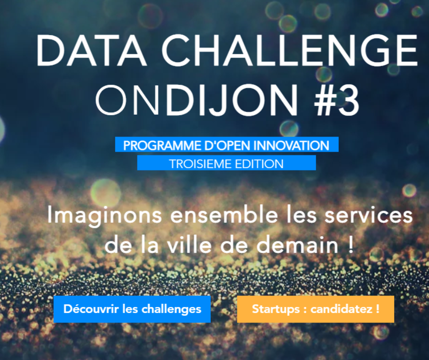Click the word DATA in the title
pos(91,50)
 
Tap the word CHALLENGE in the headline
pos(290,50)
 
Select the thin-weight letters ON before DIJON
pos(127,100)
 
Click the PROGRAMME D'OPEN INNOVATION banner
pos(227,144)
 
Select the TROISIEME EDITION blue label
pos(226,163)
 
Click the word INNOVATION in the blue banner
pos(291,145)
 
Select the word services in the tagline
pos(369,215)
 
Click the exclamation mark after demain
pos(351,245)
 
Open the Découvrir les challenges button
pos(132,309)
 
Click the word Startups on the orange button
pos(276,309)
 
